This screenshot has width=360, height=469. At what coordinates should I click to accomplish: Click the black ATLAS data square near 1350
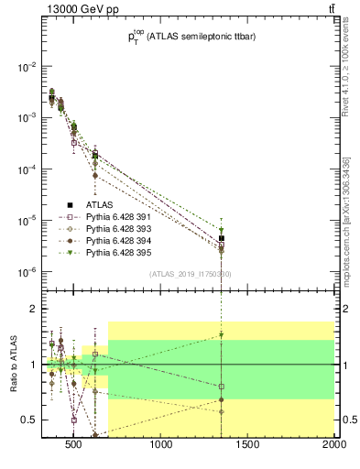tap(221, 238)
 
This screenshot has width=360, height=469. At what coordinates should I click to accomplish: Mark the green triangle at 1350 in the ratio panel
tap(221, 335)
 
